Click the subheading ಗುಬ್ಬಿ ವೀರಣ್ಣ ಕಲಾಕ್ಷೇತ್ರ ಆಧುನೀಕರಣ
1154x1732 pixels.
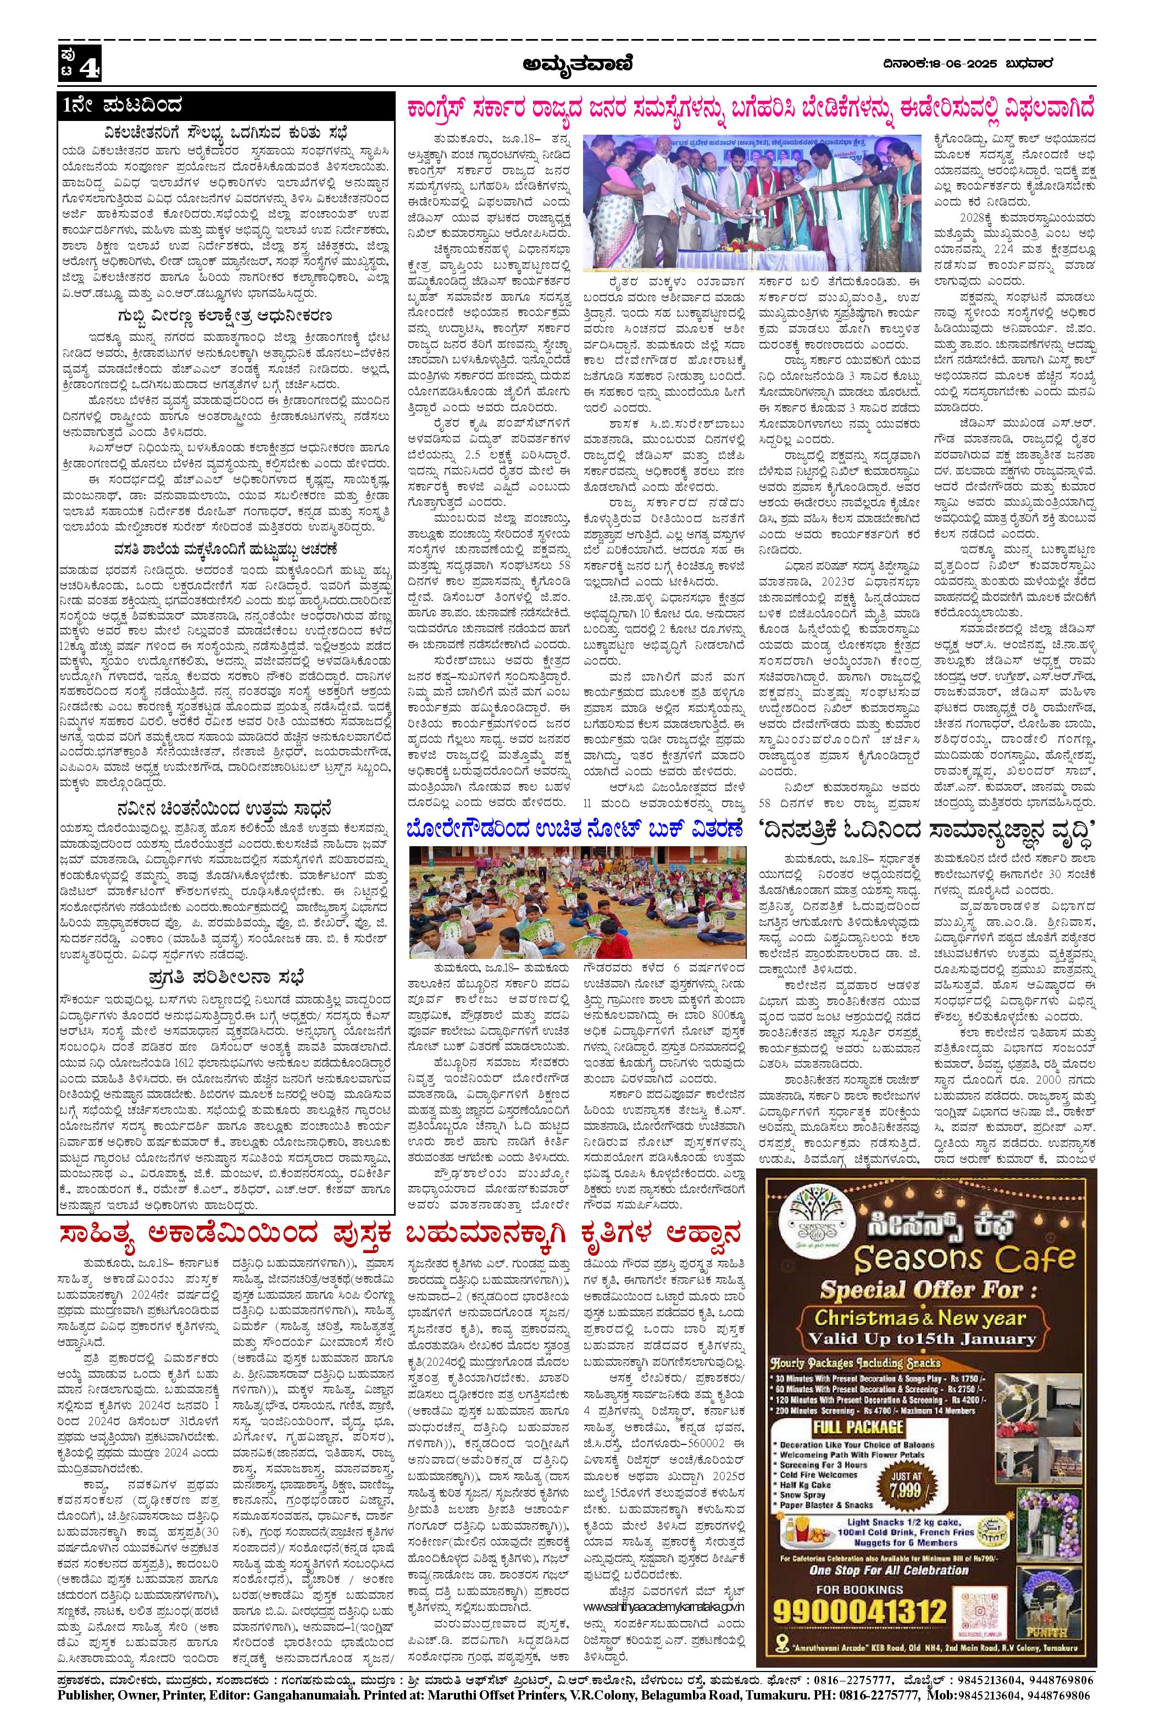tap(225, 317)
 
